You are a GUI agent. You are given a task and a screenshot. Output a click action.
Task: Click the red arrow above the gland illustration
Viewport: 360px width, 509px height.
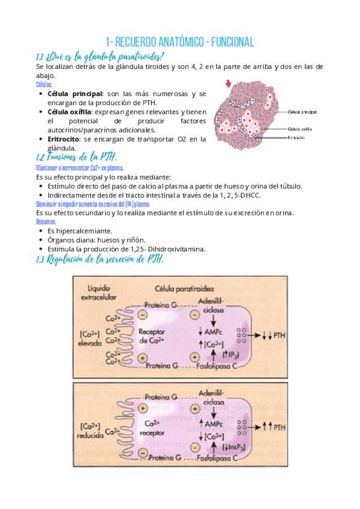click(x=228, y=85)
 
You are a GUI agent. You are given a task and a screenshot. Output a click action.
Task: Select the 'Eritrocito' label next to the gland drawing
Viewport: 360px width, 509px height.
click(x=298, y=137)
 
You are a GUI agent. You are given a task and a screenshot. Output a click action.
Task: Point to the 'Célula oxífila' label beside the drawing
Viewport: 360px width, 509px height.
click(x=301, y=128)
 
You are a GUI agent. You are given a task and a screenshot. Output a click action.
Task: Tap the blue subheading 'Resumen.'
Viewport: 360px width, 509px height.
click(x=47, y=221)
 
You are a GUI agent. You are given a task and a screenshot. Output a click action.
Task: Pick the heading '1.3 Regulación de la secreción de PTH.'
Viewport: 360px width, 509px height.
click(x=100, y=259)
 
